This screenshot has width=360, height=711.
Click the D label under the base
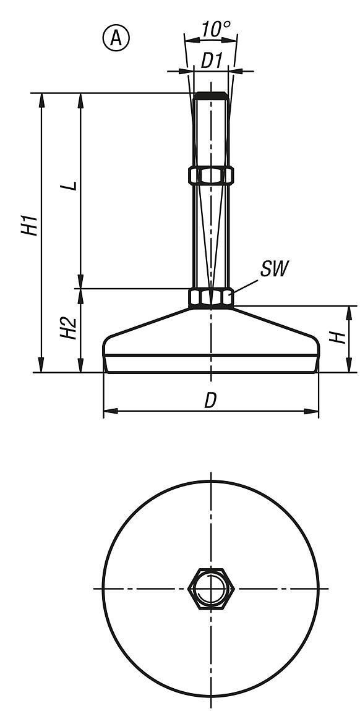click(x=210, y=401)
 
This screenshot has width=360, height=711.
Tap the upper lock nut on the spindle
click(x=211, y=175)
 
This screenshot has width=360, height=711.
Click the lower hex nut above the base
click(x=211, y=298)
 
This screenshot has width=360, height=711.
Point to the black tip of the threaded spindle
click(x=210, y=96)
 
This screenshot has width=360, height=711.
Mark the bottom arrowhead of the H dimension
click(x=350, y=367)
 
